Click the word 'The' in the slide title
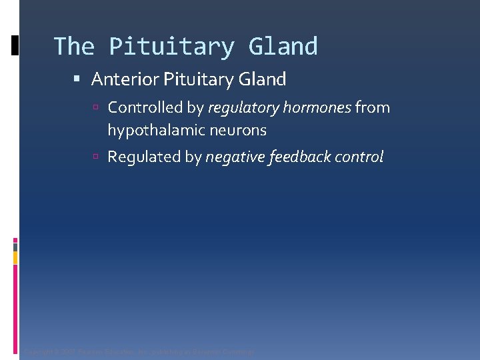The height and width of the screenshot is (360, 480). click(74, 47)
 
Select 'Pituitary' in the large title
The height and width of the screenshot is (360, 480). click(171, 47)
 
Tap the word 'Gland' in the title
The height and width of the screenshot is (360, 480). click(283, 47)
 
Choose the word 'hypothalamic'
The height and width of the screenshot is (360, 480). click(149, 131)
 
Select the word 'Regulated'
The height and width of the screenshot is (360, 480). click(145, 157)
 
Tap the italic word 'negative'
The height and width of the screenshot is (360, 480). click(235, 157)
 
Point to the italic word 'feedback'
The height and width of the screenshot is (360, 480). click(299, 157)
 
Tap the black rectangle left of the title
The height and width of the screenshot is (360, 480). click(15, 45)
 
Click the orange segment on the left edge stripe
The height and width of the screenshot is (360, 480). click(15, 257)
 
